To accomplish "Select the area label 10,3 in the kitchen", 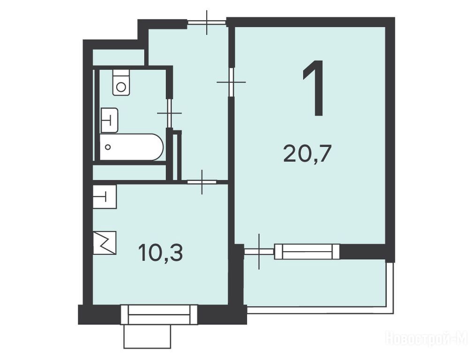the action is (x=160, y=253).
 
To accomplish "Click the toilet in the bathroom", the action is (x=121, y=82).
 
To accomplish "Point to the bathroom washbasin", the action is (x=109, y=120).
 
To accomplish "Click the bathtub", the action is (x=131, y=147).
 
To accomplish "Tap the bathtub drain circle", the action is (x=108, y=147).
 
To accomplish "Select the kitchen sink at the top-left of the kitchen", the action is (x=105, y=196).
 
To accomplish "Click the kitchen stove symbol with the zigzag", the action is (x=105, y=243).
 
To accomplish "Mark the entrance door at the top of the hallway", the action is (x=207, y=22).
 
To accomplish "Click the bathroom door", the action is (x=170, y=113).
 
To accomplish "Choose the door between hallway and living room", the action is (x=231, y=82).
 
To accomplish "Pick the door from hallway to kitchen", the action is (x=202, y=182).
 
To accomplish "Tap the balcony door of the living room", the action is (x=259, y=251).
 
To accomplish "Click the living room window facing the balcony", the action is (x=307, y=252).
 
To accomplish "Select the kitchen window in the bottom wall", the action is (x=159, y=315).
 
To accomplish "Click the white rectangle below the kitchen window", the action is (x=147, y=337).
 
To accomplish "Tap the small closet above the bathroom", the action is (x=118, y=57).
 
